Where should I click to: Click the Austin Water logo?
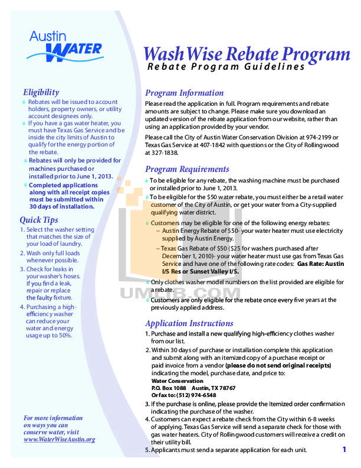coord(65,45)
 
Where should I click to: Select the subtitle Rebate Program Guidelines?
coord(226,67)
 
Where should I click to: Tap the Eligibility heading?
coord(41,92)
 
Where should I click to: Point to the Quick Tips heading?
coord(38,220)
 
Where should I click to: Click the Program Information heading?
coord(184,93)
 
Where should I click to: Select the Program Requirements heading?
coord(187,169)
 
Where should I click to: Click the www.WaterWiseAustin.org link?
coord(59,440)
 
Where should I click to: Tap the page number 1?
coord(344,450)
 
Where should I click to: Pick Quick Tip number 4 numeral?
coord(22,307)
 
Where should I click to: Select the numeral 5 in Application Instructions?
coord(147,450)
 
